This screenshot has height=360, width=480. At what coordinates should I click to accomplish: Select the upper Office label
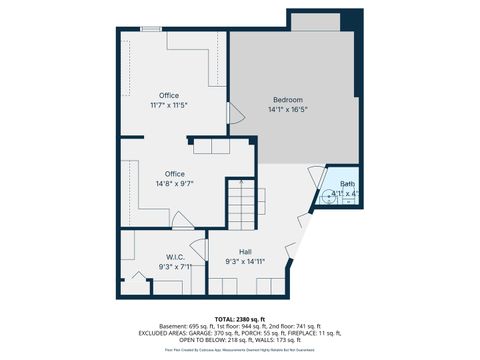tap(169, 95)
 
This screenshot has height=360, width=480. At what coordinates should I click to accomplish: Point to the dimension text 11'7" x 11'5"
tap(169, 105)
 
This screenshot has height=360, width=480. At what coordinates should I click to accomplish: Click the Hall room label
tap(245, 251)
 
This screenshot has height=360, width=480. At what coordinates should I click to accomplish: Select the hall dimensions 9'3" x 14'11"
tap(245, 262)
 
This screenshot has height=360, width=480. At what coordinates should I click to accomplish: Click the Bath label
tap(347, 184)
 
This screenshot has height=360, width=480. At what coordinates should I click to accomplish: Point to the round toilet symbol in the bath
tap(328, 197)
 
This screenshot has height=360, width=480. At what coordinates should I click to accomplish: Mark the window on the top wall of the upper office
tap(151, 29)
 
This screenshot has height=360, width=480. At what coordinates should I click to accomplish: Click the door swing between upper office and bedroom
tap(235, 114)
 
